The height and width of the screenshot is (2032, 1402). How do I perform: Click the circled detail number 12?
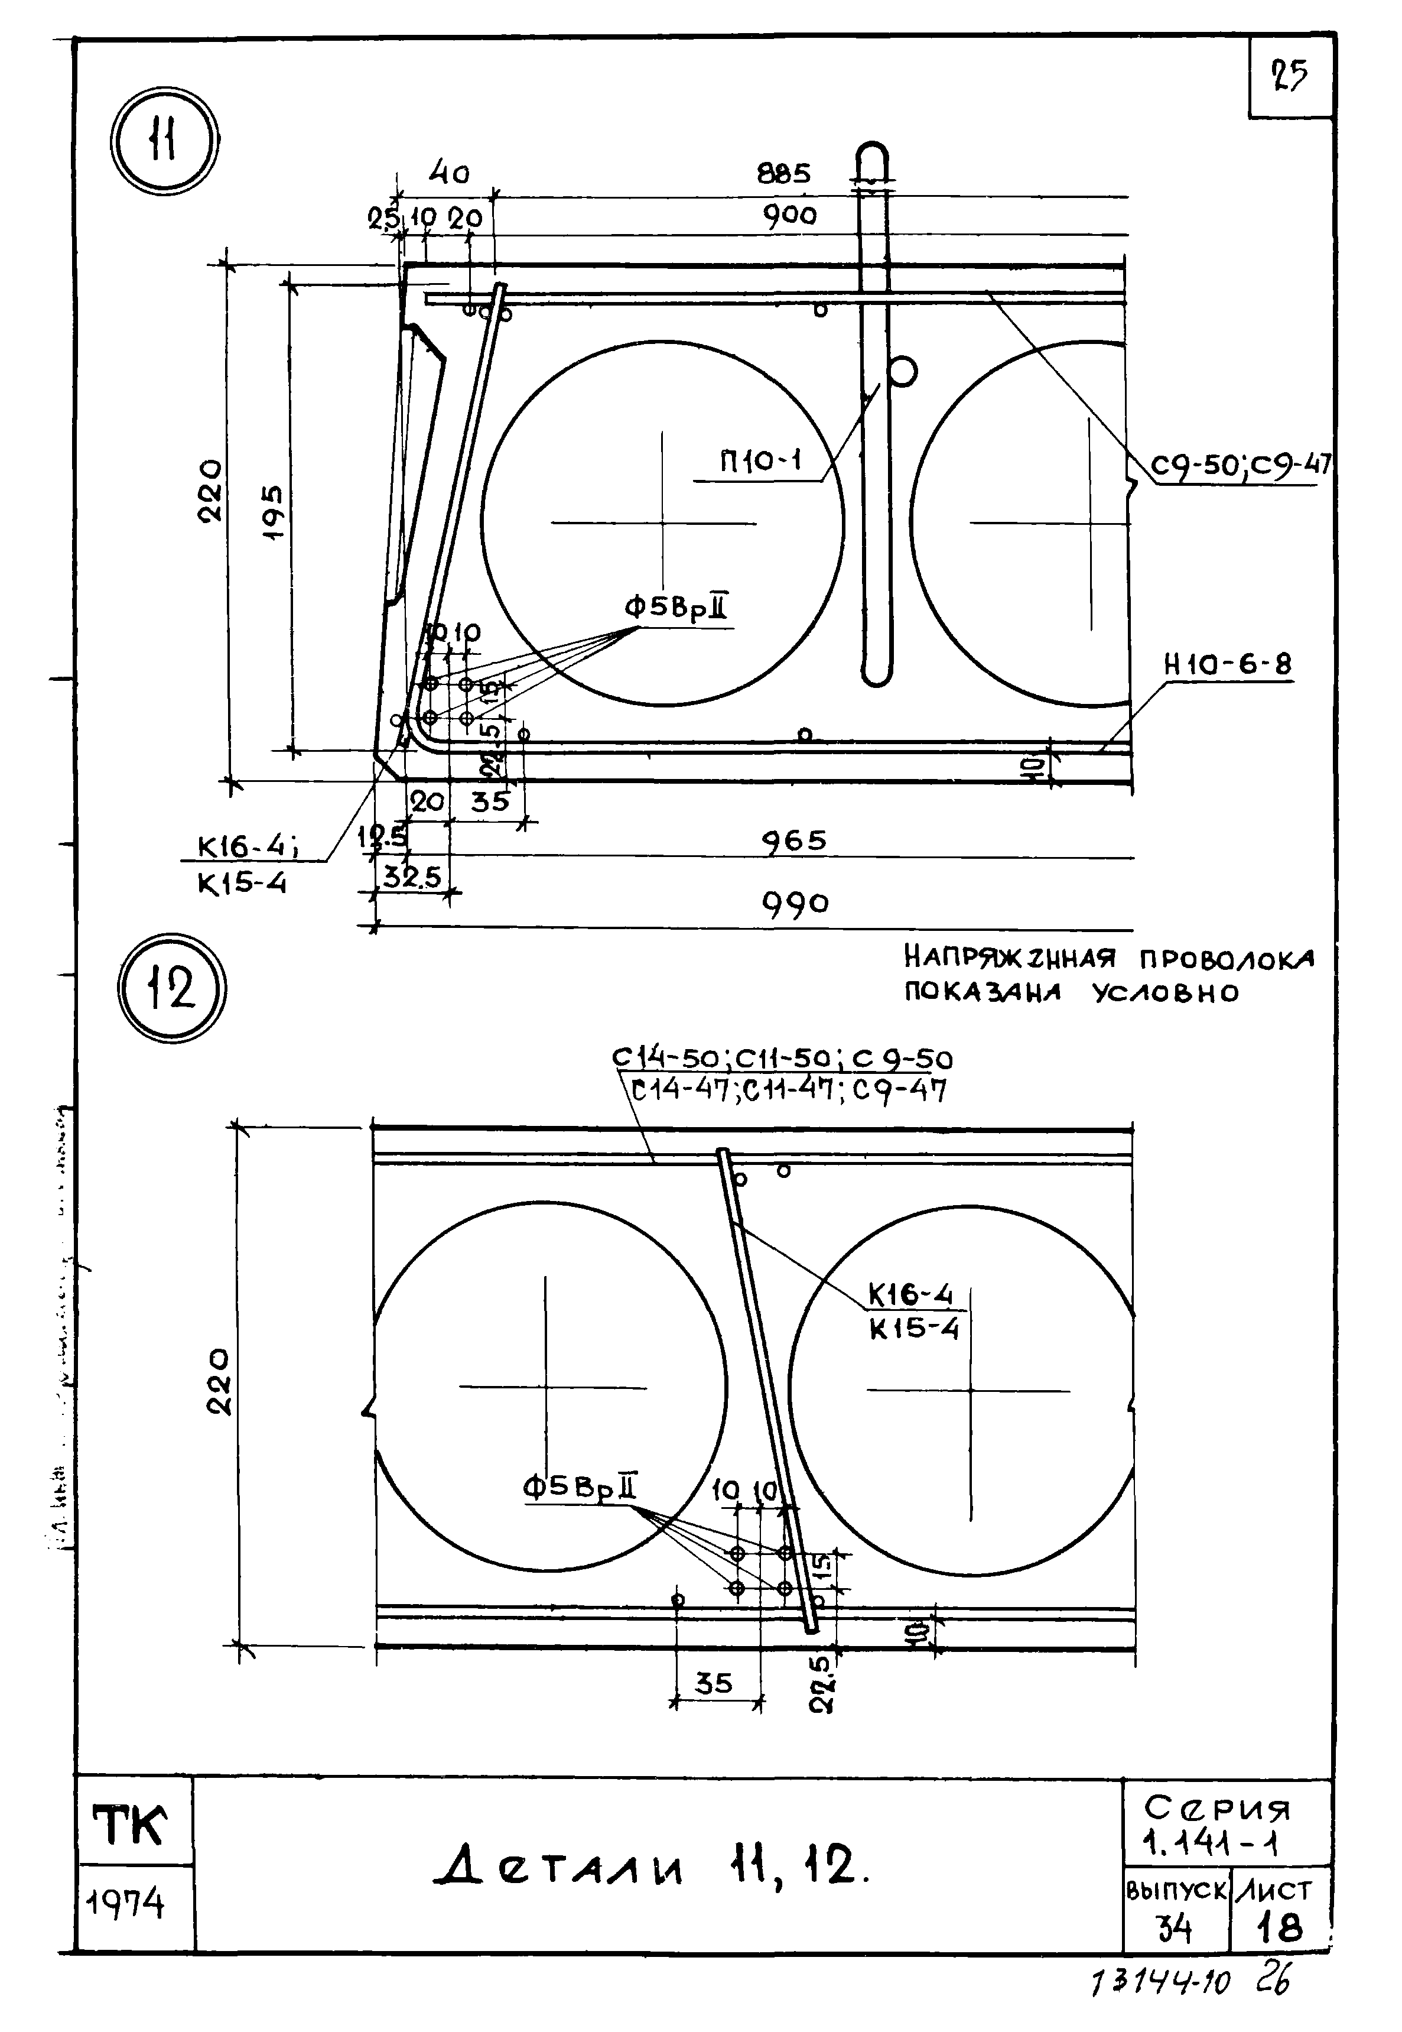172,988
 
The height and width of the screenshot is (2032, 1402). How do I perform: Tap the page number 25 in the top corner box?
1290,76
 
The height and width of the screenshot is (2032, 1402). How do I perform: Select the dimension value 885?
783,174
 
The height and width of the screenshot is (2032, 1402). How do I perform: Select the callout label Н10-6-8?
1228,665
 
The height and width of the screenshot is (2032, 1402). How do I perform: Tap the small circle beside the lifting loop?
902,372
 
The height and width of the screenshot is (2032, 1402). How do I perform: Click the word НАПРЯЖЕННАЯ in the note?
1009,957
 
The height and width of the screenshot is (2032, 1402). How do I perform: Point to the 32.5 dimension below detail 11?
412,877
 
